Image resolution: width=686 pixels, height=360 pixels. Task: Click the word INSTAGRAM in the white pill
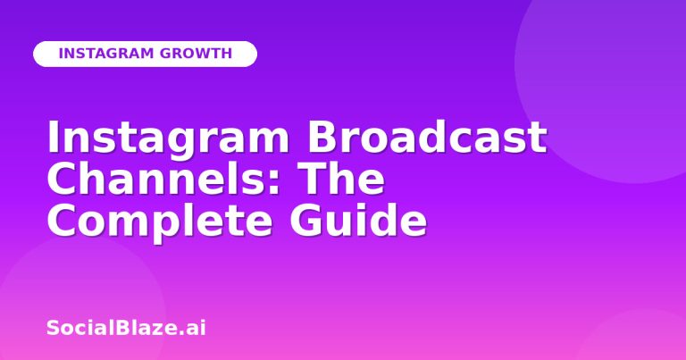click(x=106, y=54)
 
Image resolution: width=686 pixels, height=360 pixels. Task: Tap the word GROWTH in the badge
click(x=196, y=54)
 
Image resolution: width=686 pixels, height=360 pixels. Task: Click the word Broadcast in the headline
click(x=427, y=137)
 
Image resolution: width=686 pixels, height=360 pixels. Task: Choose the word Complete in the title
click(x=159, y=222)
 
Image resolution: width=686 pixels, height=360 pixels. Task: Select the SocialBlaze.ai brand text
click(x=126, y=328)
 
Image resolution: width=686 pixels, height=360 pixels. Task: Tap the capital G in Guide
click(x=305, y=219)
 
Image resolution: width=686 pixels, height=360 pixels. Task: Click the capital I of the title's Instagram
click(x=53, y=137)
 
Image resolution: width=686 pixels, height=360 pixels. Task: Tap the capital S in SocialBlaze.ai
click(x=53, y=328)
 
